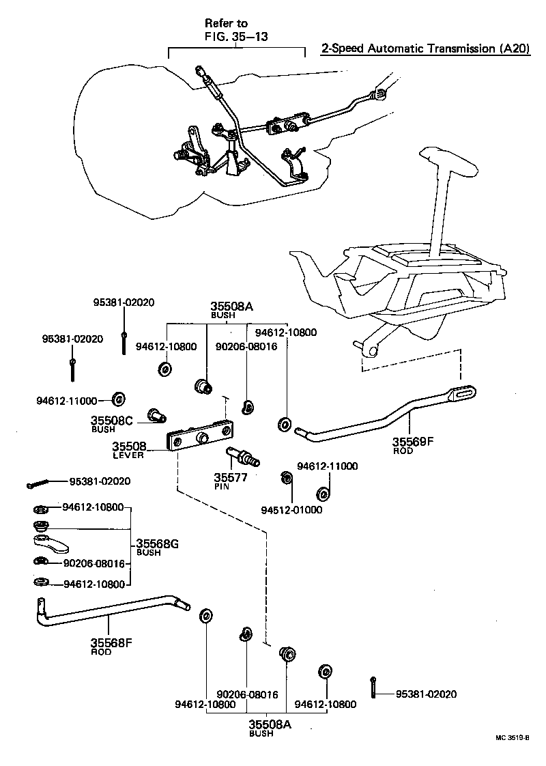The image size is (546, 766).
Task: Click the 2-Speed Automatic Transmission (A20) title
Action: point(425,49)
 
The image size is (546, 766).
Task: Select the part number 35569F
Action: point(412,442)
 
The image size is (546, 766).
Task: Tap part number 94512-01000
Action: point(291,509)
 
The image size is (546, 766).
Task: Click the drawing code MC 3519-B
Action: point(513,738)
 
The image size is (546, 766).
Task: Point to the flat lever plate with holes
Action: point(201,437)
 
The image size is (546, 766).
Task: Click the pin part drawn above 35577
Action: point(244,455)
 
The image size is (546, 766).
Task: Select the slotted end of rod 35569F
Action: point(462,393)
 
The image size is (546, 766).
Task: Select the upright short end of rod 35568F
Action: point(40,606)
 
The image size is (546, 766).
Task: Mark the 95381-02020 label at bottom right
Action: point(426,694)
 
